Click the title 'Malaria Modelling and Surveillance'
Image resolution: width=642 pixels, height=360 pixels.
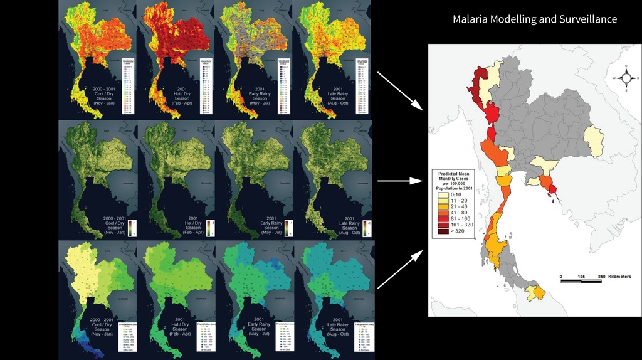pyautogui.click(x=534, y=19)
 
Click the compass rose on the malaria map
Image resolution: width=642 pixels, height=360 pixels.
pyautogui.click(x=626, y=78)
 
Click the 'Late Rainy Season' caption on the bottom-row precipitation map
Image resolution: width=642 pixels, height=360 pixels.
pyautogui.click(x=337, y=329)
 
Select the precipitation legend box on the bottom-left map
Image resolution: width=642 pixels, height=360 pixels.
pyautogui.click(x=130, y=339)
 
